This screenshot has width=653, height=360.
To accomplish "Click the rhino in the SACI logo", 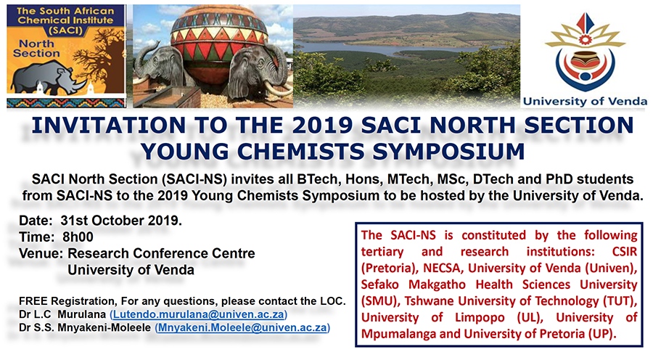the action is point(44,78).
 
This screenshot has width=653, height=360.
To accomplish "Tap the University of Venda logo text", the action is point(585,102).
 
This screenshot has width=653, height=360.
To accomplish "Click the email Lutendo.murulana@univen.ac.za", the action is point(198,314).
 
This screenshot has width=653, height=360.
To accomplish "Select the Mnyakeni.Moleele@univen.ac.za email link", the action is point(242,328).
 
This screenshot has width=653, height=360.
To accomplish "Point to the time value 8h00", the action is point(78,237).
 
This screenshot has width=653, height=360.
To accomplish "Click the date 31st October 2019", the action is point(120,221).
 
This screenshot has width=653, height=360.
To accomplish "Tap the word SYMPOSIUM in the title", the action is point(448,151).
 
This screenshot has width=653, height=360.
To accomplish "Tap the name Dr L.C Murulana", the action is point(62,314).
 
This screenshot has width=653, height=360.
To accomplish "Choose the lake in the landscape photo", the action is point(387,49).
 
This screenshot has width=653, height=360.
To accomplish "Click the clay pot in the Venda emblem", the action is point(584,60).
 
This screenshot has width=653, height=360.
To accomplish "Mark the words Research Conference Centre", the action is point(161,253).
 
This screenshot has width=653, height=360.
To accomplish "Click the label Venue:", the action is point(41,253).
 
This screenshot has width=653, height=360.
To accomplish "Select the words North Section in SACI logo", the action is point(37,49).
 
